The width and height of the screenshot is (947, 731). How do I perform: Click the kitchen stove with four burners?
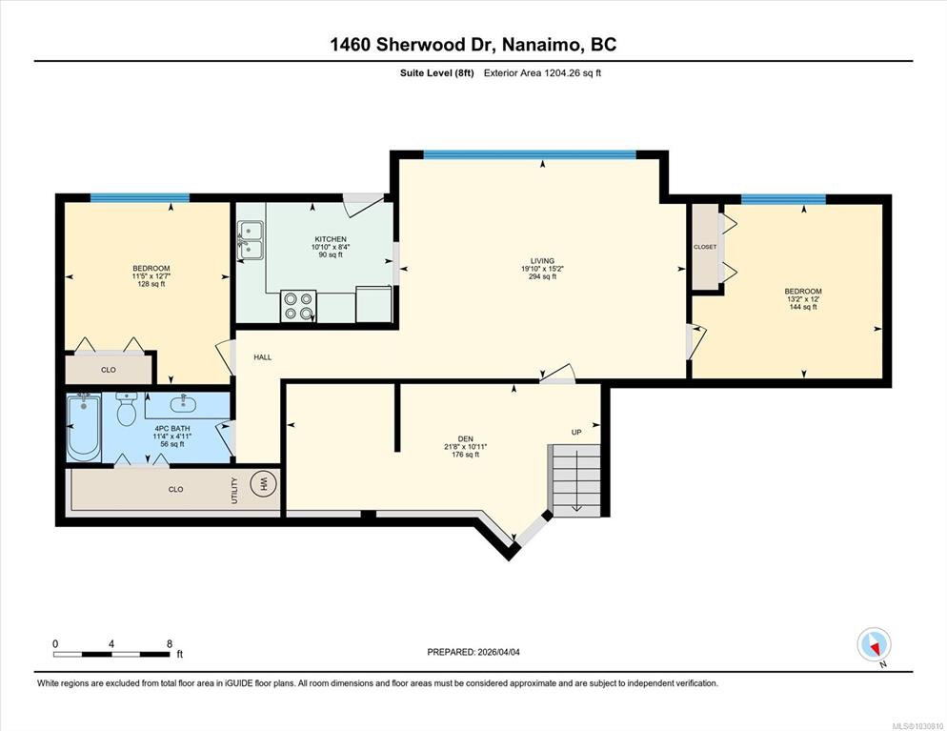[298, 306]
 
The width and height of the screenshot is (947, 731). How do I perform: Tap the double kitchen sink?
[250, 240]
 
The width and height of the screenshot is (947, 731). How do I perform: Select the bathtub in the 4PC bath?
[83, 427]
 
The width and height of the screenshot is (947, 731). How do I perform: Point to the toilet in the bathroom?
[127, 409]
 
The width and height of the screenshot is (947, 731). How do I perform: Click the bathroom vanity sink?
[182, 402]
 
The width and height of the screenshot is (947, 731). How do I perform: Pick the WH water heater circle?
[263, 484]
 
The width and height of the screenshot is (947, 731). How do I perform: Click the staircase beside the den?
[574, 480]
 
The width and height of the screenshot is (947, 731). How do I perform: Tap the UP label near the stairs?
[576, 432]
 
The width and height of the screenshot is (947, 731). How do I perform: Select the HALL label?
[263, 357]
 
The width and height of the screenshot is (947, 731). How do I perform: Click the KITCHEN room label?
[331, 239]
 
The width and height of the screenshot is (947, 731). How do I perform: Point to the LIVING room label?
[542, 261]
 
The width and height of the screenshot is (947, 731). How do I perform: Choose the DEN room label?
[466, 438]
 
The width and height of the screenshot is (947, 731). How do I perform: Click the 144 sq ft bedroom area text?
[803, 307]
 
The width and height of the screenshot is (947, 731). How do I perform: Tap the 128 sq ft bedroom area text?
[151, 284]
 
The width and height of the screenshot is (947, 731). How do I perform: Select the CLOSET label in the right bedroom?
[705, 247]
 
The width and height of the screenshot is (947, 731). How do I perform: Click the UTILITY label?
[234, 490]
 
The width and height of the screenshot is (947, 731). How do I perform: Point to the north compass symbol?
[874, 645]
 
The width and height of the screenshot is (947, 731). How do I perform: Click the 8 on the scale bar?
[170, 644]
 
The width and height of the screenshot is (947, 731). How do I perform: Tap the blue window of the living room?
[530, 154]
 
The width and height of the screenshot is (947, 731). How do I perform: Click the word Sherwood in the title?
[421, 45]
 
